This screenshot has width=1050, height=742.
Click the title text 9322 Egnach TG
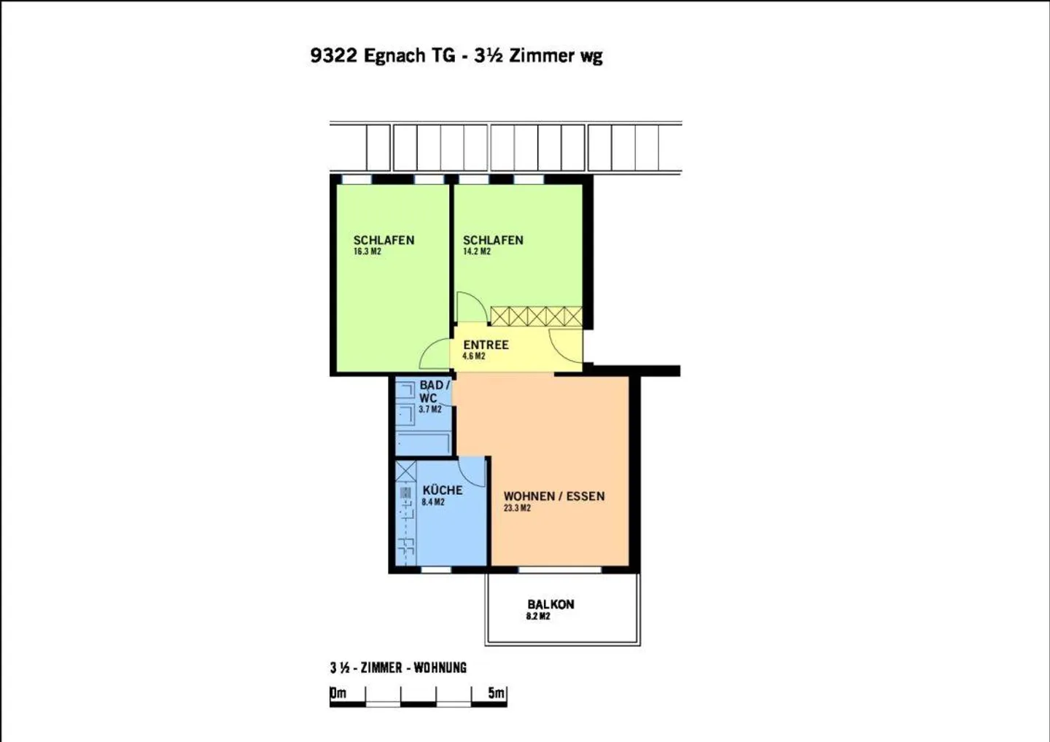coord(382,55)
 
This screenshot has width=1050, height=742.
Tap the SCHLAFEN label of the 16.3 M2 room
coord(384,240)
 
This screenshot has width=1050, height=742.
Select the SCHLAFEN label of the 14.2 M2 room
coord(493,240)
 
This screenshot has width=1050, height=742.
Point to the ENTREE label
coord(486,345)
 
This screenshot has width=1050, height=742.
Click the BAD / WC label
coord(433,391)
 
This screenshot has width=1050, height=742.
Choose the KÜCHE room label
coord(442,491)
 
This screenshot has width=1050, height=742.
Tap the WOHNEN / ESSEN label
coord(553,496)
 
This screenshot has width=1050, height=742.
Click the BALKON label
coord(551,604)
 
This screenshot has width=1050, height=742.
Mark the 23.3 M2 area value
coord(517,508)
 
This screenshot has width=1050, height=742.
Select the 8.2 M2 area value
coord(538,617)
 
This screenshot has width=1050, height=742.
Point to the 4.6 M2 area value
coord(473,356)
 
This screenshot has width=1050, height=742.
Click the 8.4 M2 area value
coord(432,502)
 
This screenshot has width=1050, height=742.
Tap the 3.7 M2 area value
coord(429,410)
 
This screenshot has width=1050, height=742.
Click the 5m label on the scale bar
coord(496,692)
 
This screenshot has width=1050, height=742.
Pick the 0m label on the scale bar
coord(338,692)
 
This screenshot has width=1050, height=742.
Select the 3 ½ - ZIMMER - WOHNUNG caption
coord(397,668)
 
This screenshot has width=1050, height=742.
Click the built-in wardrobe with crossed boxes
coord(536,316)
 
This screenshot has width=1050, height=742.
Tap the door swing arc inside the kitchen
coord(473,472)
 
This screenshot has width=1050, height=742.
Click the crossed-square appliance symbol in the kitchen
coord(405,471)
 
